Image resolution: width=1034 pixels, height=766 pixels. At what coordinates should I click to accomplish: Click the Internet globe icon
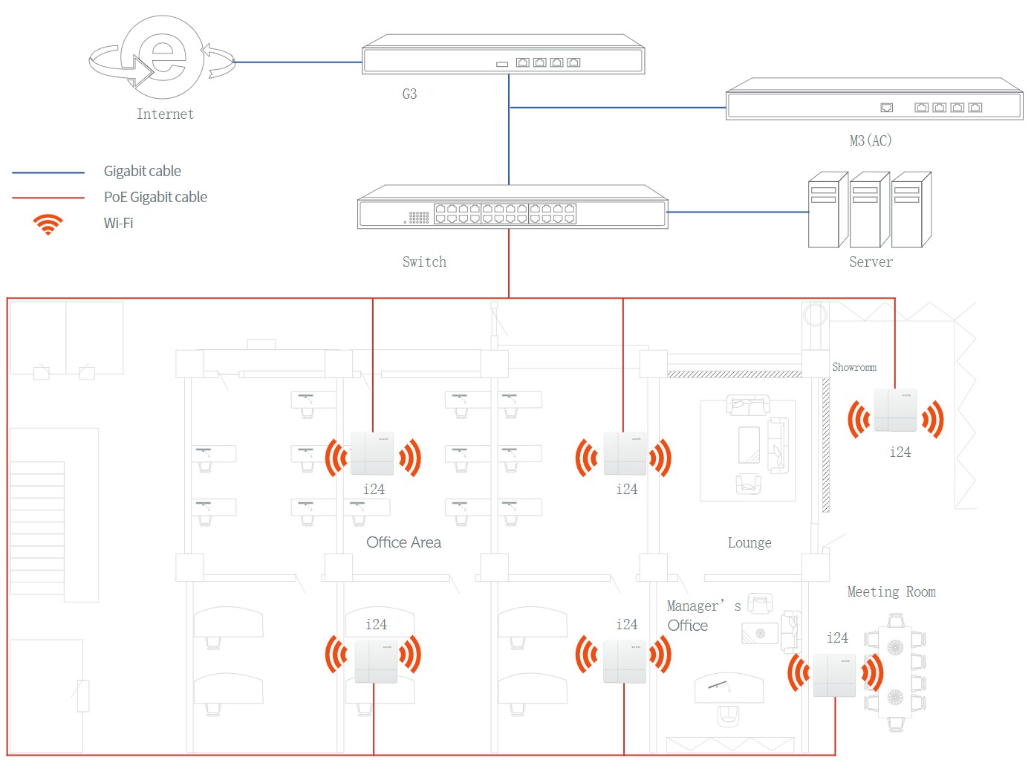click(x=162, y=57)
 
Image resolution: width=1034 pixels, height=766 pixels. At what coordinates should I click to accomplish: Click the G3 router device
click(x=503, y=54)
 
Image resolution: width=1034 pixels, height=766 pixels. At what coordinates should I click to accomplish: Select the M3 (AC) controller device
click(x=874, y=99)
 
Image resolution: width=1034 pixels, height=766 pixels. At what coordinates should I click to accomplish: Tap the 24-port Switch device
click(x=513, y=207)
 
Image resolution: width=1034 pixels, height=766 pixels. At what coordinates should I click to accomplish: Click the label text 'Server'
click(x=871, y=262)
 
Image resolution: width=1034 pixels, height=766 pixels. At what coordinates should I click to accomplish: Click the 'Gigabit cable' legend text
click(x=142, y=171)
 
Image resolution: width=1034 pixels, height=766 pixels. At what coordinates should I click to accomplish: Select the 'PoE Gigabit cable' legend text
click(x=155, y=197)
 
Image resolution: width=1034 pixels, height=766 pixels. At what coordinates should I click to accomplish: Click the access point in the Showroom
click(x=894, y=409)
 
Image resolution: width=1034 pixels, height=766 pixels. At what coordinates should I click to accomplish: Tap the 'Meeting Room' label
click(x=891, y=591)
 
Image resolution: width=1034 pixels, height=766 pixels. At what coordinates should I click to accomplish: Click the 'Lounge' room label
click(x=750, y=542)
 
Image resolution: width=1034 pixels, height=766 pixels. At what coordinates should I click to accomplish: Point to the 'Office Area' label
click(x=403, y=542)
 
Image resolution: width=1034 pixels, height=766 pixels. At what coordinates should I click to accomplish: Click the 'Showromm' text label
click(x=854, y=367)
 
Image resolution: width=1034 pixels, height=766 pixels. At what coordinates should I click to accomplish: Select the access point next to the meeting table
click(x=834, y=675)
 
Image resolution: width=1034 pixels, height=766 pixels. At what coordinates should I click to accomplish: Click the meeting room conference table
click(x=894, y=672)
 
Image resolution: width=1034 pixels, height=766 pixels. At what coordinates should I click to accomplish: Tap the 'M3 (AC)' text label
click(x=871, y=140)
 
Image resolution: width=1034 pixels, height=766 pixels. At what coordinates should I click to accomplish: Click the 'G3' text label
click(x=409, y=94)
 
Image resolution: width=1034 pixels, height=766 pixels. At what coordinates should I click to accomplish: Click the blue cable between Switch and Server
click(x=738, y=212)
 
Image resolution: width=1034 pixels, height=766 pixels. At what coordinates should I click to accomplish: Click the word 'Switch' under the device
click(x=424, y=262)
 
